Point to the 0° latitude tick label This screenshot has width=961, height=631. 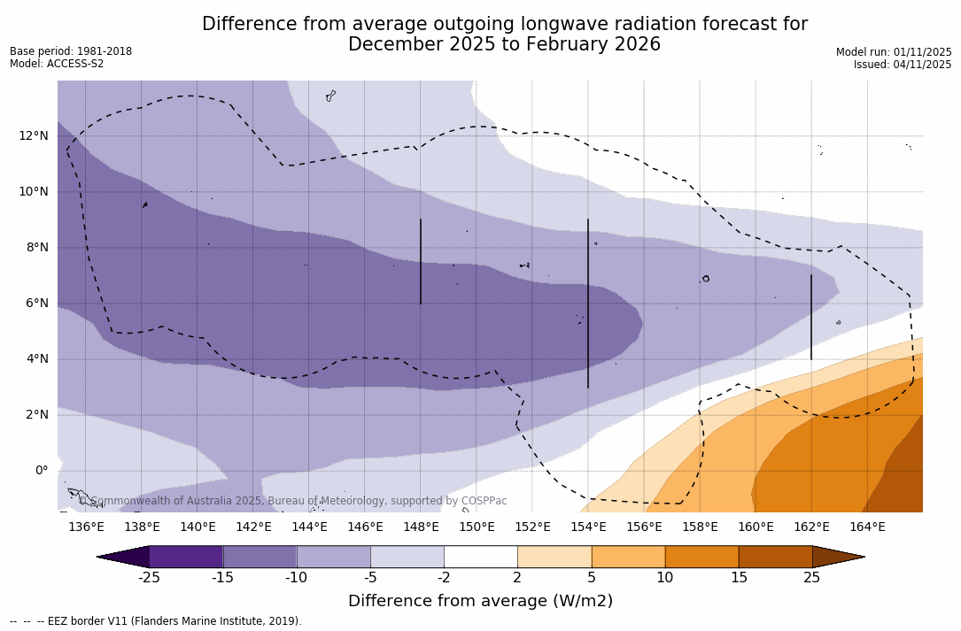(x=41, y=470)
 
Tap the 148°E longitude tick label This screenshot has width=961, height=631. (x=421, y=527)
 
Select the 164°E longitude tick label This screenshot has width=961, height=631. (x=867, y=527)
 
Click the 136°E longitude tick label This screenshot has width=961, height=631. (x=86, y=527)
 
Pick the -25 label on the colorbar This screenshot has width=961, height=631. (x=148, y=578)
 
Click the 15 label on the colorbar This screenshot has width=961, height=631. (x=738, y=578)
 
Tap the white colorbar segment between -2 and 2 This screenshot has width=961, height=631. (x=480, y=557)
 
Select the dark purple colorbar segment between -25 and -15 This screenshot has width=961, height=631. (x=186, y=557)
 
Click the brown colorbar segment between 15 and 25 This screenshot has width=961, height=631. (x=775, y=557)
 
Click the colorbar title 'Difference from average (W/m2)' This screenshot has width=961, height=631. (x=480, y=601)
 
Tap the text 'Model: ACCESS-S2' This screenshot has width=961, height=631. (x=57, y=64)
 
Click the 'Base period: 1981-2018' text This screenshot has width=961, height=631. (x=71, y=51)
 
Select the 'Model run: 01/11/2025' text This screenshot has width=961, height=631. (x=894, y=52)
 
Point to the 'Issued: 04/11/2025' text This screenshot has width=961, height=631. (x=903, y=65)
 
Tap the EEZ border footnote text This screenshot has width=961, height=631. (x=155, y=621)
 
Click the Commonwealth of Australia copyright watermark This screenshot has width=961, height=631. (x=293, y=501)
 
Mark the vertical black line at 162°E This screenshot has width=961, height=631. (x=811, y=317)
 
